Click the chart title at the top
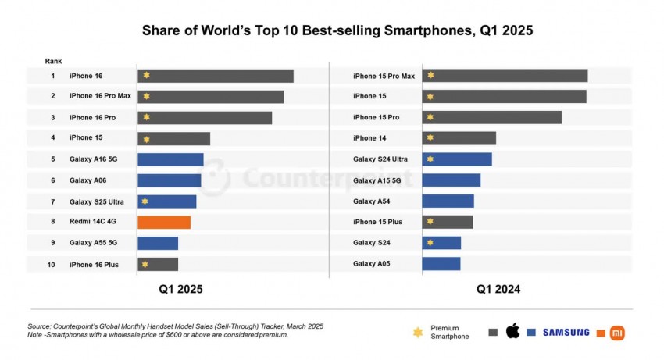pyautogui.click(x=337, y=31)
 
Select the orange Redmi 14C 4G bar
pyautogui.click(x=164, y=222)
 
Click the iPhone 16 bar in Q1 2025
pyautogui.click(x=216, y=76)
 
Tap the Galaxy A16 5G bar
pyautogui.click(x=170, y=159)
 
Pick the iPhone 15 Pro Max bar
pyautogui.click(x=505, y=76)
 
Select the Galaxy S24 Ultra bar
pyautogui.click(x=457, y=159)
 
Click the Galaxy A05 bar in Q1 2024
pyautogui.click(x=441, y=264)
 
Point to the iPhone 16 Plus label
pyautogui.click(x=94, y=265)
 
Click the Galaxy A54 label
pyautogui.click(x=371, y=201)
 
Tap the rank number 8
pyautogui.click(x=53, y=223)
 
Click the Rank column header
pyautogui.click(x=53, y=61)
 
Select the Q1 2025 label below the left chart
pyautogui.click(x=180, y=289)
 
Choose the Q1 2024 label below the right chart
pyautogui.click(x=498, y=289)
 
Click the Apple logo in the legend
pyautogui.click(x=512, y=332)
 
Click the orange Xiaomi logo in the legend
pyautogui.click(x=617, y=332)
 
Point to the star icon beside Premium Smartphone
pyautogui.click(x=417, y=333)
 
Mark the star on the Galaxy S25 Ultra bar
pyautogui.click(x=145, y=201)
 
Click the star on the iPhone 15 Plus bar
pyautogui.click(x=430, y=222)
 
